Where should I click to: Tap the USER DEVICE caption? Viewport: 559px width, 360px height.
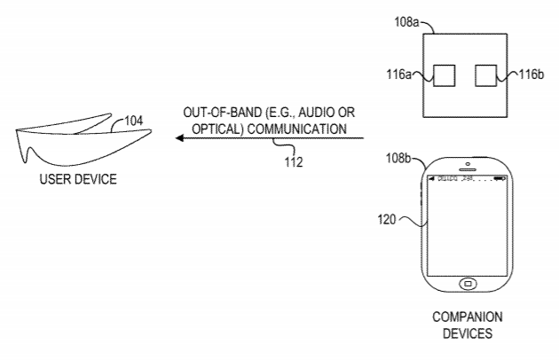point(78,179)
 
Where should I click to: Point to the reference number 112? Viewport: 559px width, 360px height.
point(293,161)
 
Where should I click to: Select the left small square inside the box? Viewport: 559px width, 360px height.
point(444,75)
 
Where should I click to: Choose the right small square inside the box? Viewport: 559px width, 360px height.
point(487,75)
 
